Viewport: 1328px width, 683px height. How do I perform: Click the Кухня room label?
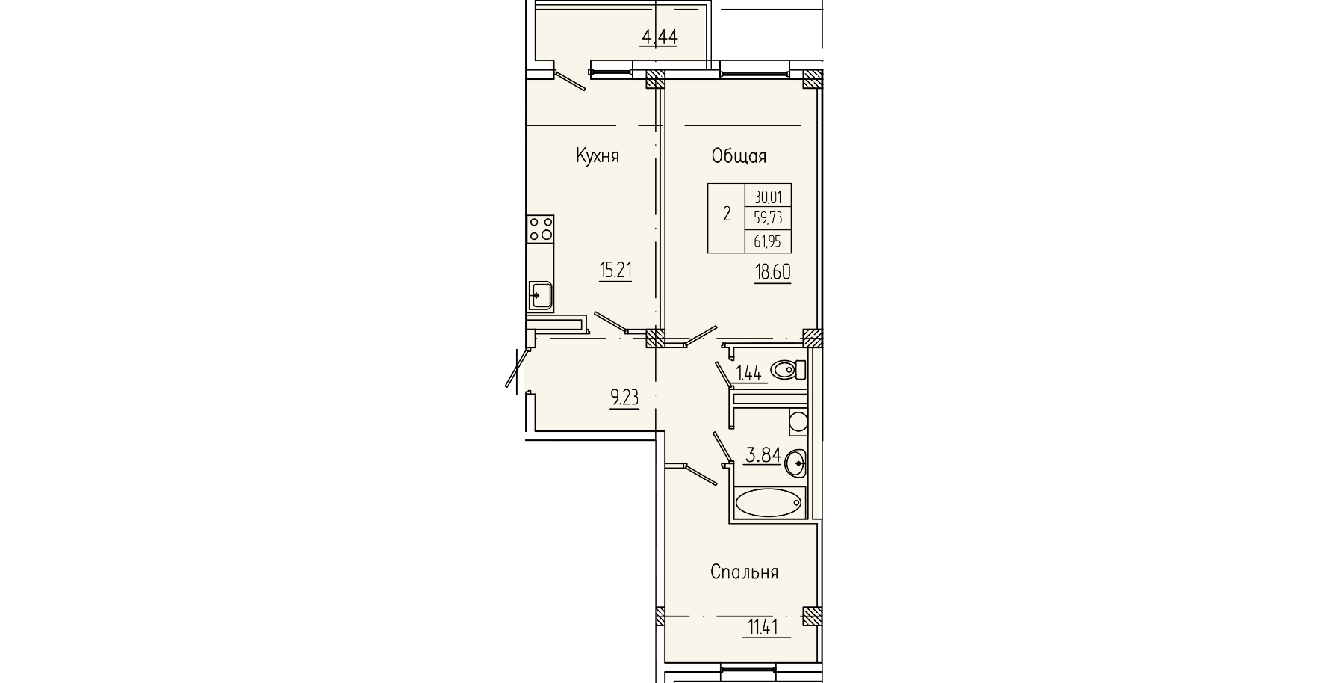tap(598, 156)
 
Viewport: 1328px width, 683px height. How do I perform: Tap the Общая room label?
tap(739, 156)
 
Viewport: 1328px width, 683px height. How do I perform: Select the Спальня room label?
tap(744, 572)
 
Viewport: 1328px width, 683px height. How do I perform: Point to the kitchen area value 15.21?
tap(615, 270)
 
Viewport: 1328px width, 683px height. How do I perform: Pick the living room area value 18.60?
tap(772, 271)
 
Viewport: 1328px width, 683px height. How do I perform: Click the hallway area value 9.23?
tap(624, 398)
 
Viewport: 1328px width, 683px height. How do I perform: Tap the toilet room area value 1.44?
tap(748, 373)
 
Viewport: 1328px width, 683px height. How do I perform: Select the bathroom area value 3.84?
tap(763, 454)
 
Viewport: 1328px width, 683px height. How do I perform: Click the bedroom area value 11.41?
tap(763, 626)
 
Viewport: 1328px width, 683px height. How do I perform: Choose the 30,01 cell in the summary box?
tap(768, 197)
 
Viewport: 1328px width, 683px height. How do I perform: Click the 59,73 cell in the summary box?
tap(768, 218)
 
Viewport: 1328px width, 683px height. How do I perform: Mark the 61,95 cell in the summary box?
tap(768, 241)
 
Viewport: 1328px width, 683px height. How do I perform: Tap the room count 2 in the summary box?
tap(727, 215)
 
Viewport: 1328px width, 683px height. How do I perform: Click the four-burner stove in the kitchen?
tap(540, 229)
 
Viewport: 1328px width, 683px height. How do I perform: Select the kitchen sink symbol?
tap(539, 294)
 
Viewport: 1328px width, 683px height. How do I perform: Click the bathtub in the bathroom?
tap(769, 502)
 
